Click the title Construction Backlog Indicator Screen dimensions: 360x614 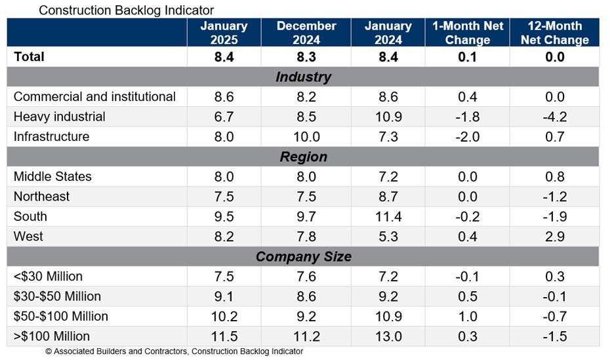click(x=126, y=10)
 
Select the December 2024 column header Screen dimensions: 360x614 click(x=306, y=33)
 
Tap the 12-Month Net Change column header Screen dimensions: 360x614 click(x=554, y=33)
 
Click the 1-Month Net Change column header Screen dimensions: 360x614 click(x=467, y=33)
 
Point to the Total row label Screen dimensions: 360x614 click(x=29, y=57)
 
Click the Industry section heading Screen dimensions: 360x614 click(x=303, y=77)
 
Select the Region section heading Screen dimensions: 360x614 click(x=303, y=157)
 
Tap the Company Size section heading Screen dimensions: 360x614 click(x=303, y=256)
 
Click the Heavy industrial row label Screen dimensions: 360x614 click(x=59, y=117)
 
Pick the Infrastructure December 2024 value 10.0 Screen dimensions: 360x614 click(x=306, y=137)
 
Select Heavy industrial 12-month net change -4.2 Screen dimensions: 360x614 click(x=554, y=117)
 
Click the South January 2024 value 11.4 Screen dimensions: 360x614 click(x=388, y=216)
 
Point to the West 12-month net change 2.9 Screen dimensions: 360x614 click(x=554, y=237)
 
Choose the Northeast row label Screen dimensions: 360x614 click(x=41, y=197)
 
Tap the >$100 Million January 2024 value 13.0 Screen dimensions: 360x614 click(x=388, y=336)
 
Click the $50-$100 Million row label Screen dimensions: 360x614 click(x=61, y=316)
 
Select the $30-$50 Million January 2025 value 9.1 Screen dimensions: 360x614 click(x=224, y=296)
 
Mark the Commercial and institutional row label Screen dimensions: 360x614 click(x=94, y=97)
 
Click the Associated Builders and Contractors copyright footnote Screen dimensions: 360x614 click(x=174, y=352)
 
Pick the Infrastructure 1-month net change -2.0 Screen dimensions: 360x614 click(x=467, y=137)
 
